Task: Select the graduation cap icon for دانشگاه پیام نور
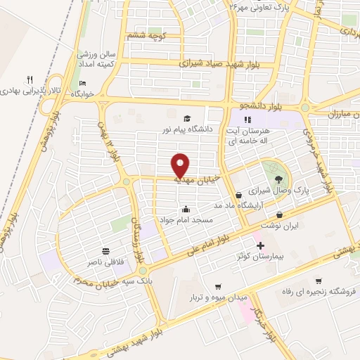187,117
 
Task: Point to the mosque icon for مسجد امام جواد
186,208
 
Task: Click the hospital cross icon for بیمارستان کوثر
261,245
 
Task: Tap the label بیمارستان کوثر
261,257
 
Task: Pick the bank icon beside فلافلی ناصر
106,251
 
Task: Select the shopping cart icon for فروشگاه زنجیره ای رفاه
319,280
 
